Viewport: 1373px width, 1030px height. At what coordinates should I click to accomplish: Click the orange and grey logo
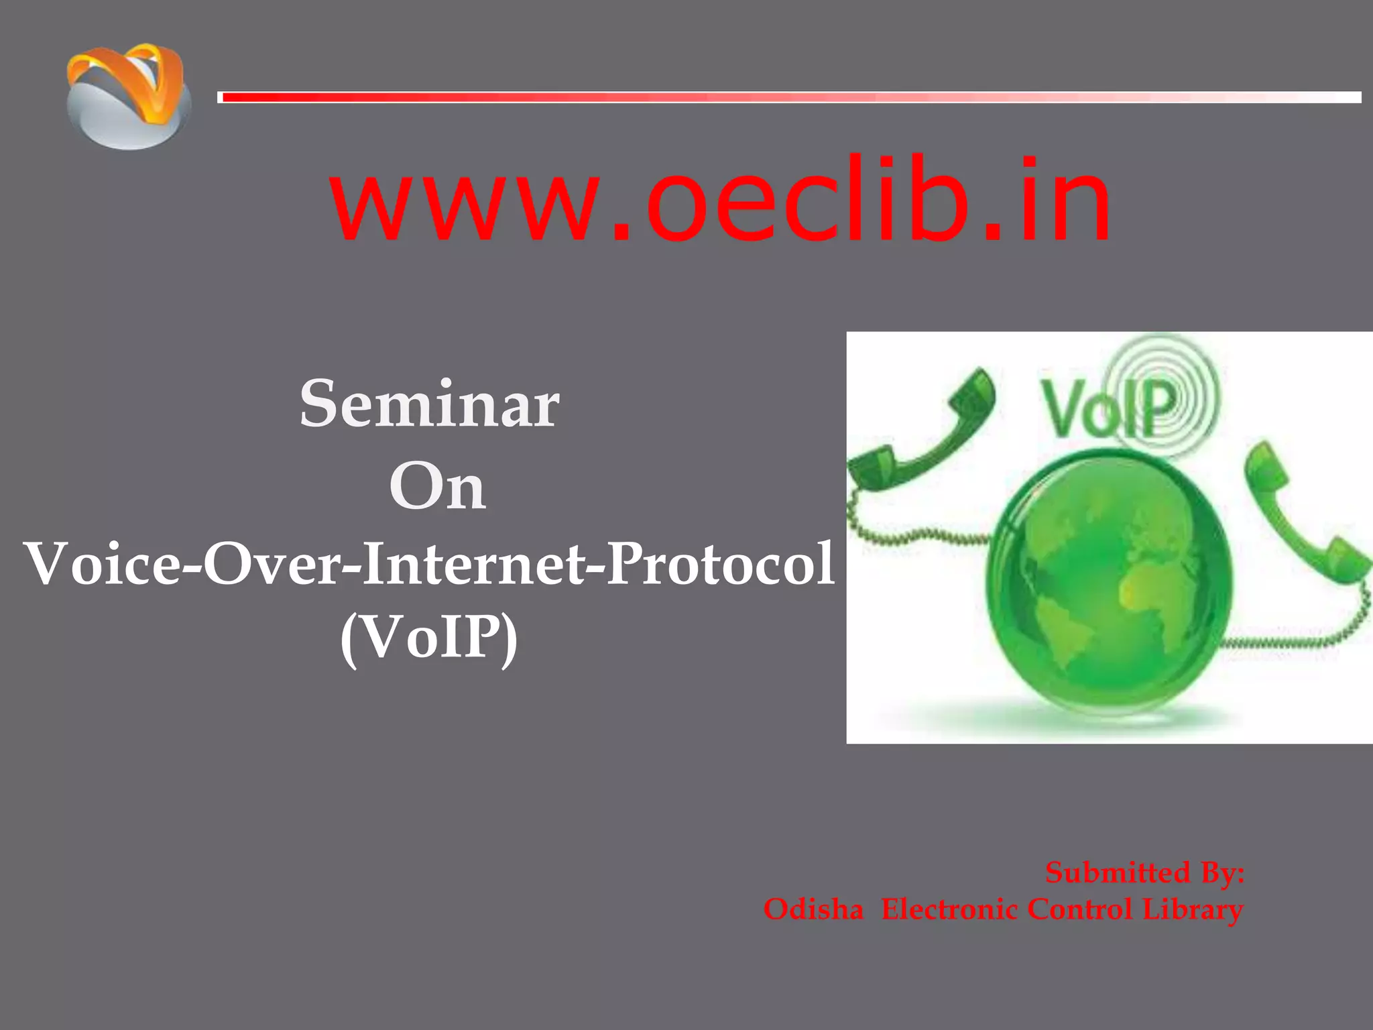click(127, 97)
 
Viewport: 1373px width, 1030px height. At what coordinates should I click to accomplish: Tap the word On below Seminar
click(437, 487)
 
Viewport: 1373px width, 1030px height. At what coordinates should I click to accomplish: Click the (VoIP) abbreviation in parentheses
click(429, 638)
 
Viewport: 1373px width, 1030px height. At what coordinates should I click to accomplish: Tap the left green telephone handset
click(925, 436)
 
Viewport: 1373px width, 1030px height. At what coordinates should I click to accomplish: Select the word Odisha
click(813, 910)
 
